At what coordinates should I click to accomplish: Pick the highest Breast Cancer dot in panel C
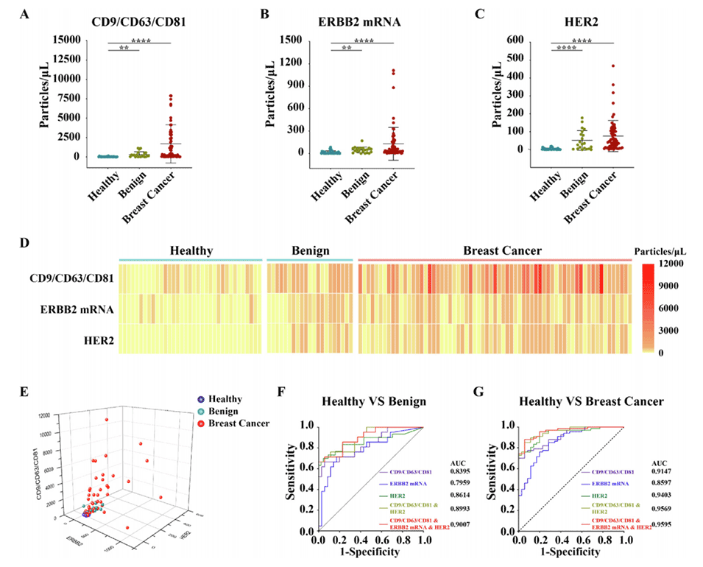pyautogui.click(x=612, y=66)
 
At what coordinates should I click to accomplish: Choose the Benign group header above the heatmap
pyautogui.click(x=310, y=250)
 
